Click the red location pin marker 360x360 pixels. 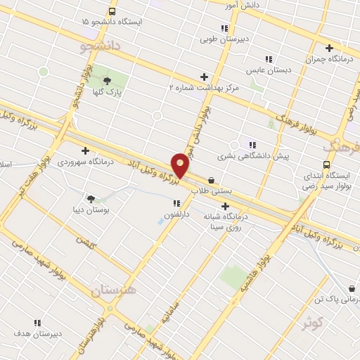[181, 165]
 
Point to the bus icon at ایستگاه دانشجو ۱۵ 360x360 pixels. [112, 12]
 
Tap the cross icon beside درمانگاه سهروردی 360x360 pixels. [85, 150]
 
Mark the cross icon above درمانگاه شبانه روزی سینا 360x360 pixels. [225, 206]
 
